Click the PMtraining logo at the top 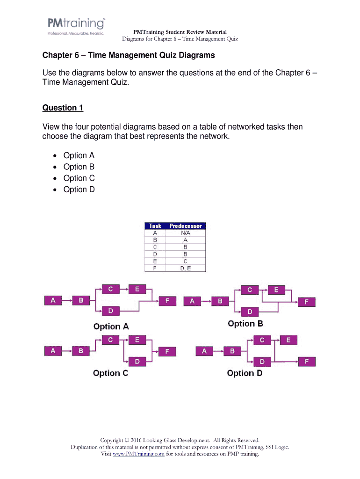pyautogui.click(x=76, y=26)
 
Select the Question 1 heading pyautogui.click(x=63, y=108)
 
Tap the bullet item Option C pyautogui.click(x=79, y=178)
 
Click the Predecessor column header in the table pyautogui.click(x=186, y=226)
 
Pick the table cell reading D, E pyautogui.click(x=186, y=269)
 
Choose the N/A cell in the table pyautogui.click(x=186, y=232)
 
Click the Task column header pyautogui.click(x=155, y=226)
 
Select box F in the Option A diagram pyautogui.click(x=167, y=301)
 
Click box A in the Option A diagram pyautogui.click(x=53, y=300)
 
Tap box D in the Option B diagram pyautogui.click(x=250, y=311)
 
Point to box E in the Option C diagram pyautogui.click(x=137, y=340)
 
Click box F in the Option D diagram pyautogui.click(x=307, y=361)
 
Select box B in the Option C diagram pyautogui.click(x=81, y=350)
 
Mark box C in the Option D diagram pyautogui.click(x=262, y=340)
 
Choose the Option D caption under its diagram pyautogui.click(x=245, y=373)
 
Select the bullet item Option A pyautogui.click(x=79, y=156)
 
